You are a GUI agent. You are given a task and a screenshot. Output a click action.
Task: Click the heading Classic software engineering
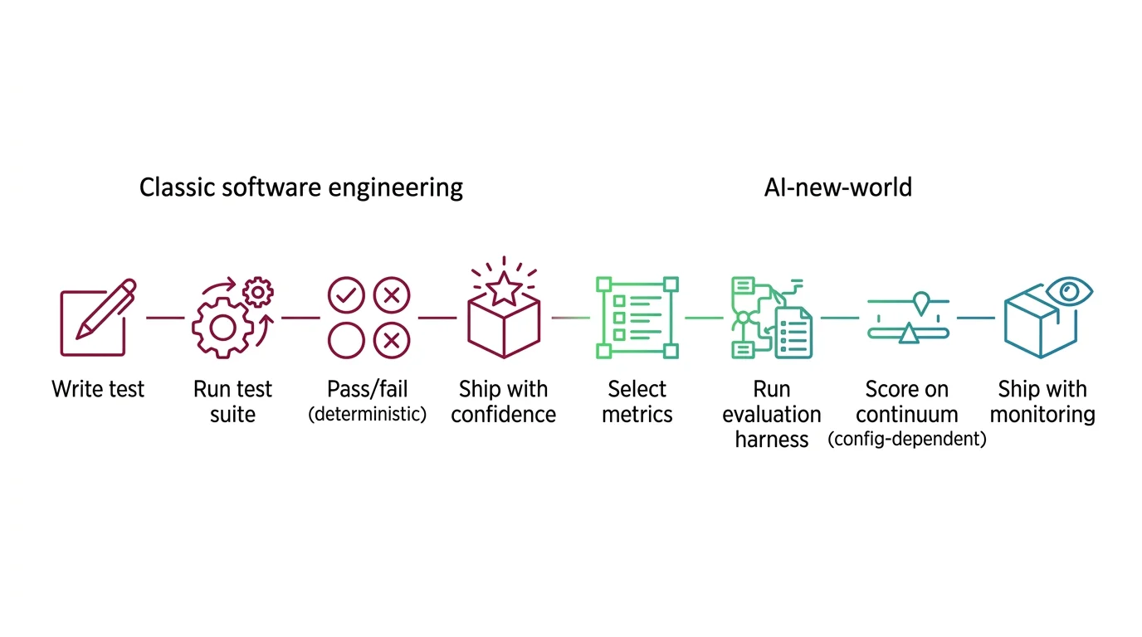tap(300, 187)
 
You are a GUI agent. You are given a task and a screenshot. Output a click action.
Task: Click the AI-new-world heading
tap(837, 187)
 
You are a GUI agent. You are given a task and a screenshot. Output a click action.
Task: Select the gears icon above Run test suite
tap(232, 318)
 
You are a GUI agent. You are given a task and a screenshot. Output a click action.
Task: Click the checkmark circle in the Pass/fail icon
tap(346, 294)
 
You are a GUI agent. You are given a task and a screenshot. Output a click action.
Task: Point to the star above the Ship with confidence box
tap(505, 289)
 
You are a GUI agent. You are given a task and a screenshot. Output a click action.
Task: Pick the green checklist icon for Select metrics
tap(637, 318)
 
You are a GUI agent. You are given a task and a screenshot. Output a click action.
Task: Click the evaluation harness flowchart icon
tap(771, 318)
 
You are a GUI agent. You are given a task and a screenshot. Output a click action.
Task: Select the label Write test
tap(98, 389)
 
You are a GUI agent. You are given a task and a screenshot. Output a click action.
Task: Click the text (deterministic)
tap(367, 414)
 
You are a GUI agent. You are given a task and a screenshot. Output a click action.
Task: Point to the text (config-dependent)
tap(907, 440)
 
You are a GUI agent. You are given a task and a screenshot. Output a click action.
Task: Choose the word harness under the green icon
tap(771, 440)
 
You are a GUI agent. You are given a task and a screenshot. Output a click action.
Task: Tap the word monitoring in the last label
tap(1042, 414)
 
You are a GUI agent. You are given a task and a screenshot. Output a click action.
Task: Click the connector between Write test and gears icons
tap(165, 317)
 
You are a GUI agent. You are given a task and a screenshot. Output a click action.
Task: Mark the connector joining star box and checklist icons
tap(571, 317)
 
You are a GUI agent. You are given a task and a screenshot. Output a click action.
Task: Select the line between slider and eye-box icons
tap(975, 317)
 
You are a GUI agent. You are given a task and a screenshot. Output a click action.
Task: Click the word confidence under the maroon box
tap(503, 414)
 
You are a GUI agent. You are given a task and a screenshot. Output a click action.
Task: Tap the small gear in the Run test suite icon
tap(258, 292)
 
